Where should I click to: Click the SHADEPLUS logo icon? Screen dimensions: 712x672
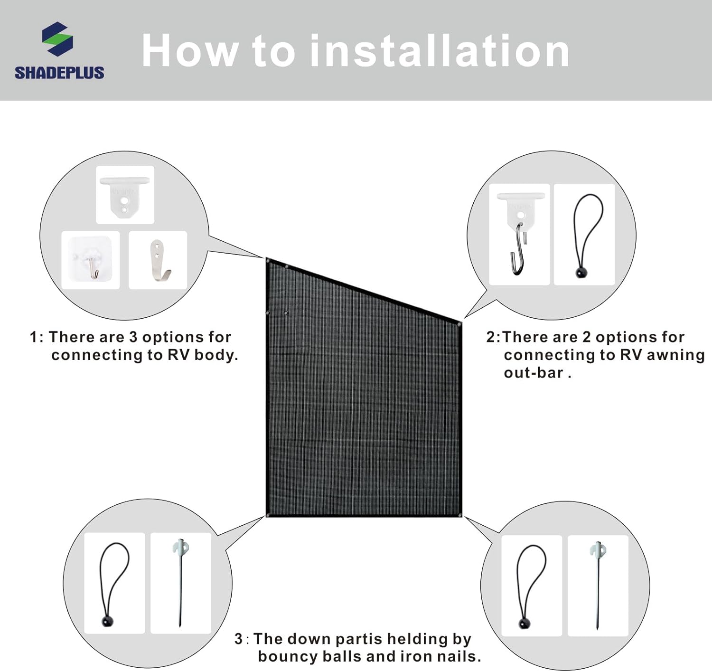coord(57,39)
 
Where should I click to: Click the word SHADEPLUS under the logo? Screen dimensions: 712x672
coord(59,73)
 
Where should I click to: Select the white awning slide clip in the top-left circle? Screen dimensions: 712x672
coord(125,197)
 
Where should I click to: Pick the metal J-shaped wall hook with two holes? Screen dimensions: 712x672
coord(159,260)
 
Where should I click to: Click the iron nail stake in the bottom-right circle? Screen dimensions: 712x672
coord(598,586)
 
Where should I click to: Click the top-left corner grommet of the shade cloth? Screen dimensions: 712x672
coord(268,261)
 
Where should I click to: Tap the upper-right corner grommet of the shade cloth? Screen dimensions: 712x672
coord(459,325)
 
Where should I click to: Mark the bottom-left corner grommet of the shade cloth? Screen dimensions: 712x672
coord(268,516)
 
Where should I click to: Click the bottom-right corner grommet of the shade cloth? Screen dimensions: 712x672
coord(459,516)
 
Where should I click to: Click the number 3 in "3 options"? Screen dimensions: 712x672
coord(133,337)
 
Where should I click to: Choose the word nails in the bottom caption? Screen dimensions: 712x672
coord(459,656)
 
